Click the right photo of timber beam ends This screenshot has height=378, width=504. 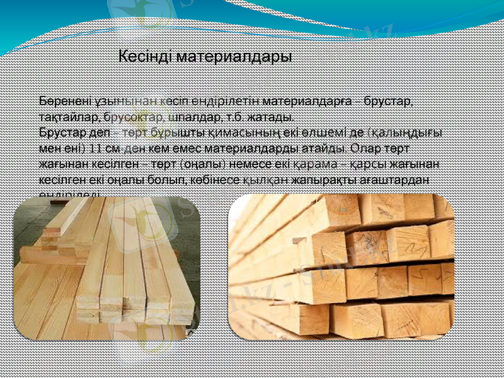click(340, 267)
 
